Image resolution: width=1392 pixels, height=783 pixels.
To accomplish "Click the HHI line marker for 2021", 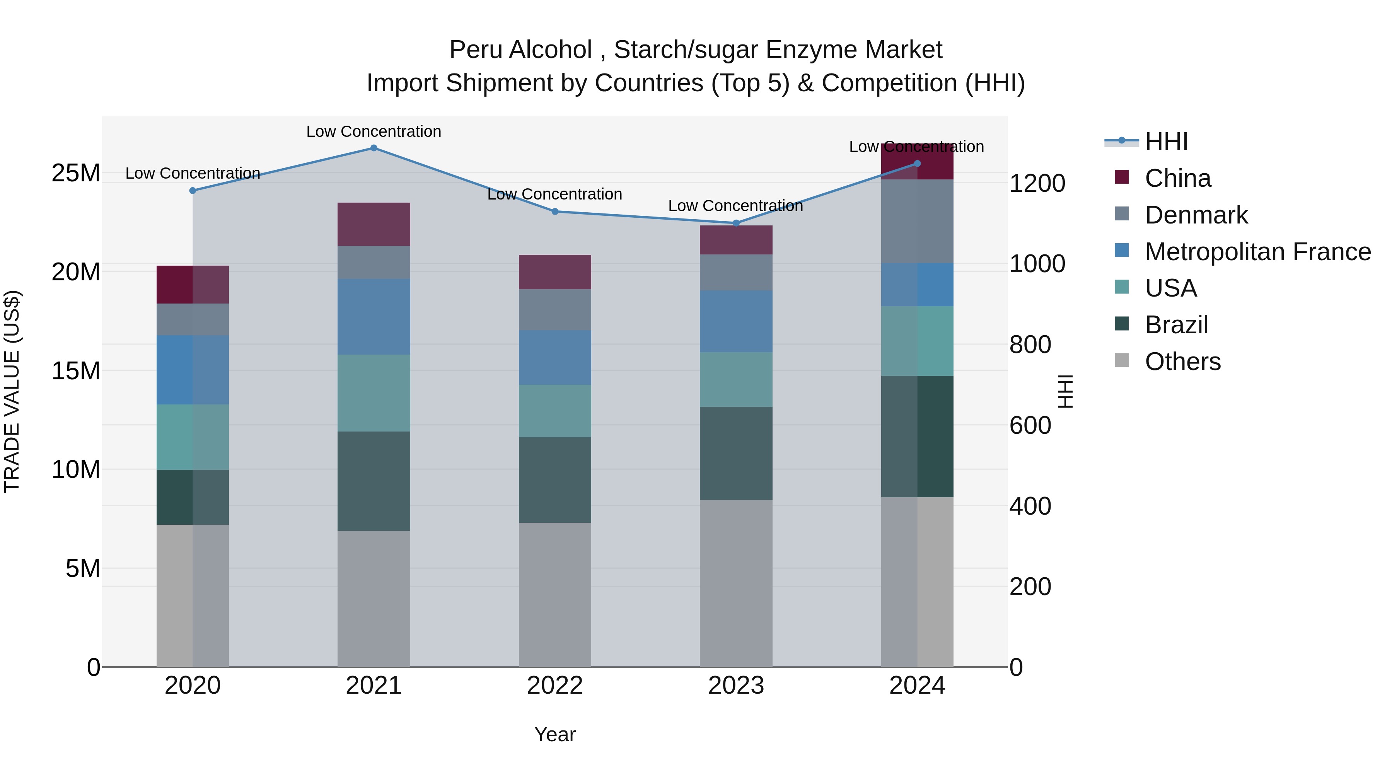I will tap(374, 148).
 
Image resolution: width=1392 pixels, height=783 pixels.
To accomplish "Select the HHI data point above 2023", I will tap(736, 223).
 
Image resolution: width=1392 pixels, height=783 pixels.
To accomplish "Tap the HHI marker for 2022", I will tap(555, 211).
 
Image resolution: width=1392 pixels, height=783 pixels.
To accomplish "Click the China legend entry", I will tap(1177, 178).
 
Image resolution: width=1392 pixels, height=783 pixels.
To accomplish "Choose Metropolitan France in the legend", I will tap(1257, 252).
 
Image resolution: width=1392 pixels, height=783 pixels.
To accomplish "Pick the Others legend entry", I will tap(1182, 362).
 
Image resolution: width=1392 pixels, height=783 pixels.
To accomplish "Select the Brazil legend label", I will tap(1176, 325).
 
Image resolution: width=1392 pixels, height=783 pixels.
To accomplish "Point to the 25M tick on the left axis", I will tap(76, 174).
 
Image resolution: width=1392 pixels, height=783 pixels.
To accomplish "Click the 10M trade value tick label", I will tap(76, 469).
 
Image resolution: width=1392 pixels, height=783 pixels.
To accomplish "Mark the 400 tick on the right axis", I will tap(1030, 506).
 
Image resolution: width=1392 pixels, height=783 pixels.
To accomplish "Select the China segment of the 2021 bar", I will tap(374, 224).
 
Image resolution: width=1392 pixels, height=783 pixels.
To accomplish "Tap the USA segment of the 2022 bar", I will tap(555, 411).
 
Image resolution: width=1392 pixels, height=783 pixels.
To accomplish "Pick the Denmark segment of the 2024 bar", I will tap(917, 221).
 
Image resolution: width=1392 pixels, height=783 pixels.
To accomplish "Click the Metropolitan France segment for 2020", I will tap(193, 370).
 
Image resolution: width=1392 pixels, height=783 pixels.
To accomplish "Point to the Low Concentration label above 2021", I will tap(374, 131).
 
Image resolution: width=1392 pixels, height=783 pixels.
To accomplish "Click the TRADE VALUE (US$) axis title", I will tap(12, 391).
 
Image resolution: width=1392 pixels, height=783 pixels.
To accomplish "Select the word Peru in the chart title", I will tap(475, 50).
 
